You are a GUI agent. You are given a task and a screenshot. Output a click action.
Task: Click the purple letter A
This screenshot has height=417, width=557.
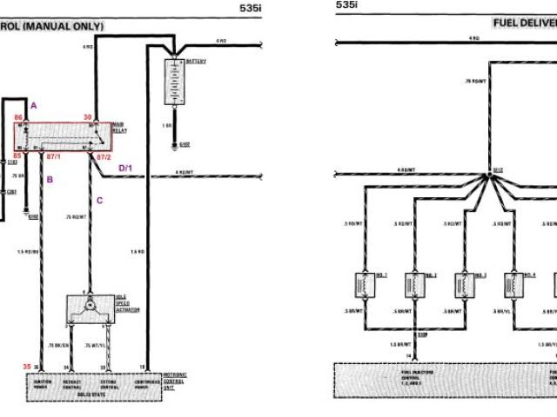click(33, 105)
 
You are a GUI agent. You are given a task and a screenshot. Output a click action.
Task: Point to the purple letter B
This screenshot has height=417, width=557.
click(50, 180)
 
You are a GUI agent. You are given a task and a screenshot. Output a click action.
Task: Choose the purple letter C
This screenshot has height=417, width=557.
click(99, 201)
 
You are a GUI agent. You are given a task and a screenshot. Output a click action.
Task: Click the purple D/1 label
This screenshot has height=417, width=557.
click(125, 167)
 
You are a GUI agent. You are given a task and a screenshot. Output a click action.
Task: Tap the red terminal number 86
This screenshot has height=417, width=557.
click(19, 117)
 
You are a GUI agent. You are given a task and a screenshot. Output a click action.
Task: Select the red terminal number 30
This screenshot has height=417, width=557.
click(88, 116)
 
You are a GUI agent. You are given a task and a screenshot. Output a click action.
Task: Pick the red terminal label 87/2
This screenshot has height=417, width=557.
click(103, 157)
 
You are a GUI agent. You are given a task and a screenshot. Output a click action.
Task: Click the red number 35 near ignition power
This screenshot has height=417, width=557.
click(27, 367)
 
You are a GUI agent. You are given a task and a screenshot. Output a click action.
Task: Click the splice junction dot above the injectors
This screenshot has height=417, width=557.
click(490, 175)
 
